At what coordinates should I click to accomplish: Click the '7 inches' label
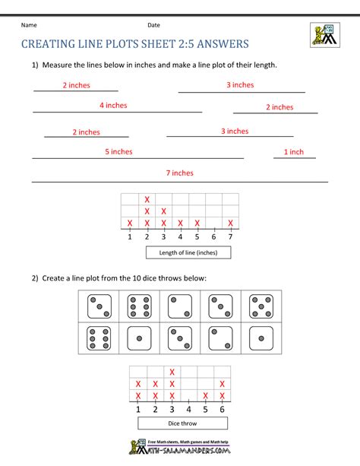click(x=180, y=173)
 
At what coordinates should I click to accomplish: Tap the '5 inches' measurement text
click(x=118, y=151)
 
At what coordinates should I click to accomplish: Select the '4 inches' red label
click(x=113, y=106)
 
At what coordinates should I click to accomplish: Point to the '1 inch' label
click(x=294, y=152)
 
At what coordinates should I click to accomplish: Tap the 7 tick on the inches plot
click(x=230, y=236)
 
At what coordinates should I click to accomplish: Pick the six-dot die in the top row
click(x=141, y=306)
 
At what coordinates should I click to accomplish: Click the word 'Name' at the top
click(x=30, y=25)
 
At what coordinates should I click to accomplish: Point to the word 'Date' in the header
click(x=154, y=25)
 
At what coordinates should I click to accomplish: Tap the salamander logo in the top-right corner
click(x=325, y=34)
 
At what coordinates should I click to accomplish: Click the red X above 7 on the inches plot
click(x=230, y=223)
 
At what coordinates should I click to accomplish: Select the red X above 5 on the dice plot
click(x=206, y=396)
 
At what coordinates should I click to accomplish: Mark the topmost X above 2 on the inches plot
click(x=147, y=199)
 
